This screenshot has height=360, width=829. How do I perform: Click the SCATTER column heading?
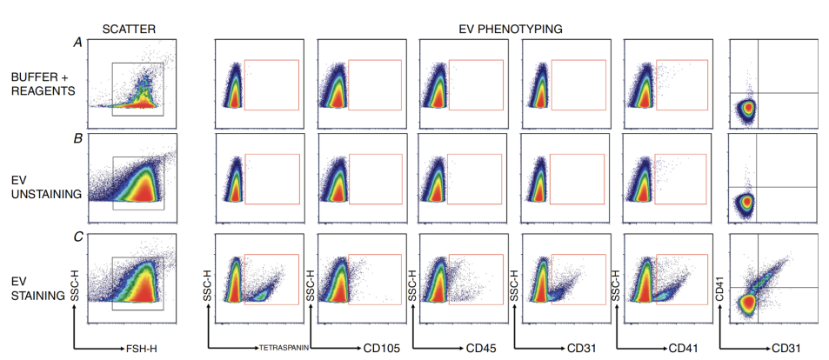tap(130, 30)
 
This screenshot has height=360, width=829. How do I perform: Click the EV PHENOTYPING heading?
tap(511, 30)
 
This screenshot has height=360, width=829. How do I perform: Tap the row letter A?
tap(77, 43)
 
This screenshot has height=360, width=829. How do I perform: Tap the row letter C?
tap(77, 237)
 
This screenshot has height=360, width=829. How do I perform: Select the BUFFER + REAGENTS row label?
tap(43, 83)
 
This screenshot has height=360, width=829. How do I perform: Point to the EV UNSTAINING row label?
tap(46, 187)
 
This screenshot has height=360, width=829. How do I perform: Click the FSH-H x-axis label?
tap(141, 349)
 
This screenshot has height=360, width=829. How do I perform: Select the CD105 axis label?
tap(381, 349)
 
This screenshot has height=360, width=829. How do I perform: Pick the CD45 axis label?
tap(480, 349)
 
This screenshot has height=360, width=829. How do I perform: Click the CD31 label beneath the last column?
tap(786, 349)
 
